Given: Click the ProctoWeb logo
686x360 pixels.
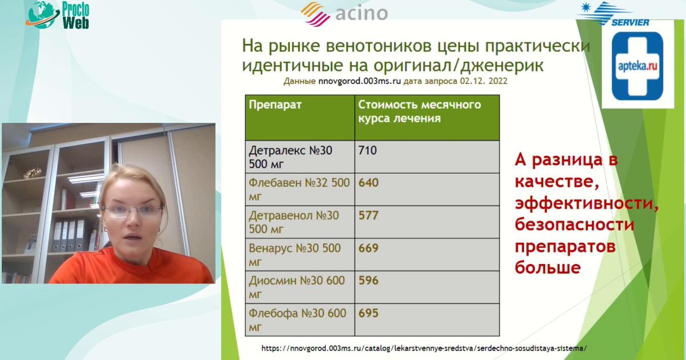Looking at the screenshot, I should [x=60, y=14].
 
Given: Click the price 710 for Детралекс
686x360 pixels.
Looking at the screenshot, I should [x=368, y=151].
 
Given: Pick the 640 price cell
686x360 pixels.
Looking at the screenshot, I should [x=369, y=183].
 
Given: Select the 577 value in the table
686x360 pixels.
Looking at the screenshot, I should [x=369, y=216].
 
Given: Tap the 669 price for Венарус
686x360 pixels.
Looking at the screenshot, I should [x=369, y=249].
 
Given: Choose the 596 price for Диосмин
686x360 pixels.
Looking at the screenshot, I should [x=369, y=281].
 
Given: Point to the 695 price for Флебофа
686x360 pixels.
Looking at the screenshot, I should [x=369, y=313].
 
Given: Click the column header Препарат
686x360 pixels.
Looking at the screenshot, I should [x=274, y=105].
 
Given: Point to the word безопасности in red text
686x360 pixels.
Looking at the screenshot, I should [x=574, y=225].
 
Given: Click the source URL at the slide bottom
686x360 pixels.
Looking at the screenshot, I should [x=424, y=347].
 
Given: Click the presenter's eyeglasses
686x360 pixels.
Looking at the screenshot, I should [x=132, y=211].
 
